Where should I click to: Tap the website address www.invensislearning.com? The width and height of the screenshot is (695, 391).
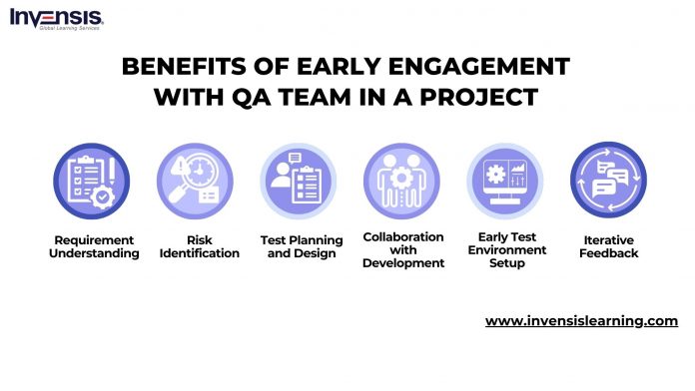pos(581,321)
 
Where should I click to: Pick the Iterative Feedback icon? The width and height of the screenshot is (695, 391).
pos(607,181)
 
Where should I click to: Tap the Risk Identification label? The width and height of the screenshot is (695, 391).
pos(199,246)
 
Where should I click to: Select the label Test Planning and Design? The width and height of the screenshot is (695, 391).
pos(301,246)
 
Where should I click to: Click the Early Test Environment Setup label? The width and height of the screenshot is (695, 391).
pos(506,250)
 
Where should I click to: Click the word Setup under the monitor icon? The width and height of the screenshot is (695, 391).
pos(506,263)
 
